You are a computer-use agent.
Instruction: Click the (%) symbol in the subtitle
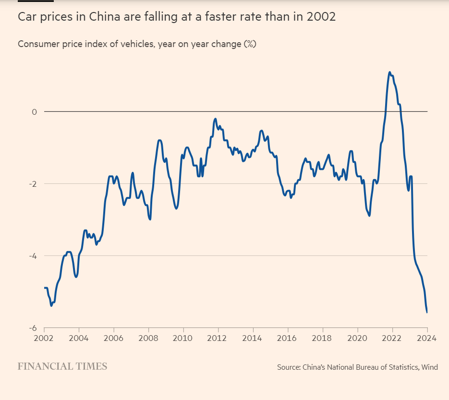(250, 44)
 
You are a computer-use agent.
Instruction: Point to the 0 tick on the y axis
(34, 112)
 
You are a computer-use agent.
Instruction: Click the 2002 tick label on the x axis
(44, 337)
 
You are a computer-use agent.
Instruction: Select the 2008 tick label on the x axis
(148, 337)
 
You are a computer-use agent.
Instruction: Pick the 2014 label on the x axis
(253, 337)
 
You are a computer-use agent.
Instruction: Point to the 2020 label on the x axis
(358, 337)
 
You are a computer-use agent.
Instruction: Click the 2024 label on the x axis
(426, 337)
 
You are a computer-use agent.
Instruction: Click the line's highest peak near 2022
(389, 73)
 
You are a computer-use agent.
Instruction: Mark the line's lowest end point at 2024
(427, 312)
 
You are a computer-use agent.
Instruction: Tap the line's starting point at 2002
(45, 288)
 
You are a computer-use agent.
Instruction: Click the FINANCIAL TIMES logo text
(62, 366)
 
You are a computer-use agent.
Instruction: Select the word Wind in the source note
(429, 367)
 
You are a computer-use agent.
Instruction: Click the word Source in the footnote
(288, 367)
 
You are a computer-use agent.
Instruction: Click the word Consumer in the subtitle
(36, 44)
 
